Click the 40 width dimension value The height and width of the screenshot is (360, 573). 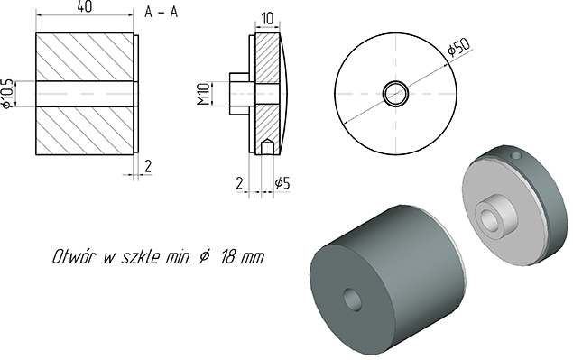pos(85,7)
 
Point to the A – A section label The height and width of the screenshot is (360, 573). pos(162,12)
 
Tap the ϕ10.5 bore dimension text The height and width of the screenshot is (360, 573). pos(8,94)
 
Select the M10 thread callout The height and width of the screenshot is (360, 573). pos(204,94)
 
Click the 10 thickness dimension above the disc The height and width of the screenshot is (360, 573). pos(267,19)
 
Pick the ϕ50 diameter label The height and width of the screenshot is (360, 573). pos(459,47)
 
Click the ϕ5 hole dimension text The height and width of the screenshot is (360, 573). pos(282,183)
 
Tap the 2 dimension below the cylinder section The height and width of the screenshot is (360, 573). pos(148,166)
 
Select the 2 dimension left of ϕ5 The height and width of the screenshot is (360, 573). pos(239,183)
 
